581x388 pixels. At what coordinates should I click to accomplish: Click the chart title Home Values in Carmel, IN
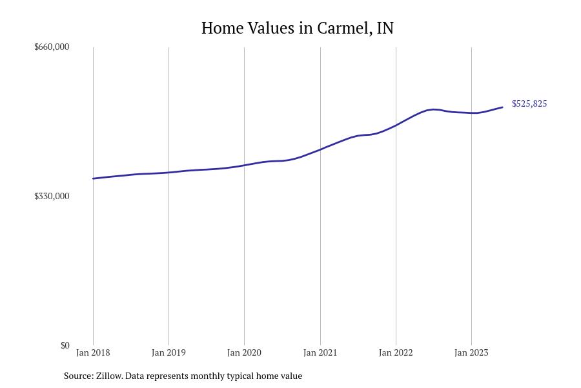297,28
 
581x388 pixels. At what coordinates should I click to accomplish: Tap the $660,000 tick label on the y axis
52,47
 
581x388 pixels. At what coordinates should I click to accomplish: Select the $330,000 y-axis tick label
52,196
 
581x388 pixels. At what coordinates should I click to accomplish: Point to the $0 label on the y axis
65,345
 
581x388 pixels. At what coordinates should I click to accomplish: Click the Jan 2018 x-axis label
93,352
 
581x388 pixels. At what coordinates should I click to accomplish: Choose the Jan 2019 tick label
168,352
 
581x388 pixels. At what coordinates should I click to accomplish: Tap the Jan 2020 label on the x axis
244,352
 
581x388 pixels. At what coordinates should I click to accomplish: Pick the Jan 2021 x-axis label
320,352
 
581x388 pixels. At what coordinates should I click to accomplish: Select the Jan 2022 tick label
396,352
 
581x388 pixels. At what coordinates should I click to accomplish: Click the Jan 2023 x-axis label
471,352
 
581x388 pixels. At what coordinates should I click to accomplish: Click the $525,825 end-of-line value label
529,103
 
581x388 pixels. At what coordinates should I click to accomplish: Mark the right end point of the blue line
502,107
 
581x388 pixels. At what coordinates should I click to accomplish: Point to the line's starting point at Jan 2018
93,178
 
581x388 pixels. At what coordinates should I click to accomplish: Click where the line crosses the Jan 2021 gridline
320,150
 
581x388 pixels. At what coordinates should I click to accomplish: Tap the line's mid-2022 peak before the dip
434,109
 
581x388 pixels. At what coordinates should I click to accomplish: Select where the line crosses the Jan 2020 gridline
244,166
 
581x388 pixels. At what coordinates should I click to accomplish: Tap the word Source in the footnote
77,376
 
